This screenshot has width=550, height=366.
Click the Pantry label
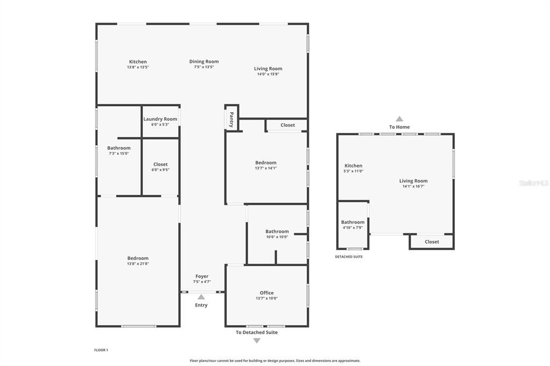[x=231, y=116]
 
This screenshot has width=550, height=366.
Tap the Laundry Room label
[x=160, y=119]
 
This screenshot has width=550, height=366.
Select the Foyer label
[x=202, y=276]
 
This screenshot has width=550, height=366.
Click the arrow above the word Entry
[x=201, y=296]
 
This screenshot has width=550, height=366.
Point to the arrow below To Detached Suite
[x=257, y=341]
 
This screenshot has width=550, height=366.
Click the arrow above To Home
[x=399, y=119]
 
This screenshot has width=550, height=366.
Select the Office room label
[x=266, y=293]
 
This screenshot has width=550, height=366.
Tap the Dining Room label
[x=204, y=62]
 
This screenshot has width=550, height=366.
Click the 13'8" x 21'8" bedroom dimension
[x=137, y=263]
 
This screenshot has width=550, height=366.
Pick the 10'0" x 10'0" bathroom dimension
[x=277, y=237]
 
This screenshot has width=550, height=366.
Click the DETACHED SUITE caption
[x=349, y=257]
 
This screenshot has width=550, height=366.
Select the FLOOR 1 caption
[x=101, y=350]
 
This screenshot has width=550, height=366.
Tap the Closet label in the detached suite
[x=432, y=242]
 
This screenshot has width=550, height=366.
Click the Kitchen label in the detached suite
[x=353, y=166]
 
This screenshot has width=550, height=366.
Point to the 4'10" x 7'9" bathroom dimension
[x=352, y=228]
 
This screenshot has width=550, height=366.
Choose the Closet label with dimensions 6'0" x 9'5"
[x=160, y=164]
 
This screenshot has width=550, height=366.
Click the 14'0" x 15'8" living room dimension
[x=268, y=74]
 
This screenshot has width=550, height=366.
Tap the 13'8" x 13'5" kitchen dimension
[x=137, y=67]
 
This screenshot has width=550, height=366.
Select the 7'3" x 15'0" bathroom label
[x=119, y=148]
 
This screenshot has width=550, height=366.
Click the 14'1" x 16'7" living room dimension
[x=414, y=186]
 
